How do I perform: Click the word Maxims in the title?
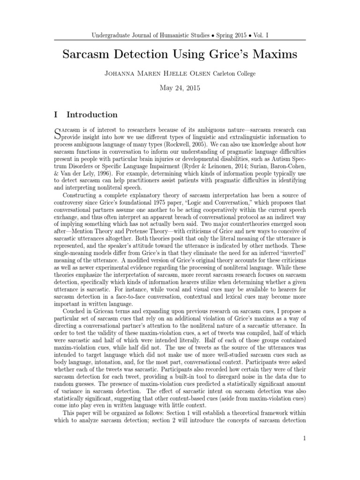pos(271,54)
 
